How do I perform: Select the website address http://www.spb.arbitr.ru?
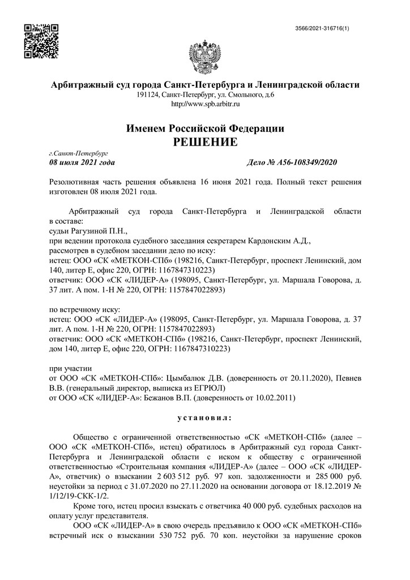(205, 104)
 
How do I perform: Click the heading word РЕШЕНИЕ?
(205, 142)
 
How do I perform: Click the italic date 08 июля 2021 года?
(82, 163)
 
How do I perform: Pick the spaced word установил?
(204, 417)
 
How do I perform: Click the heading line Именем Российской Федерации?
(205, 128)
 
